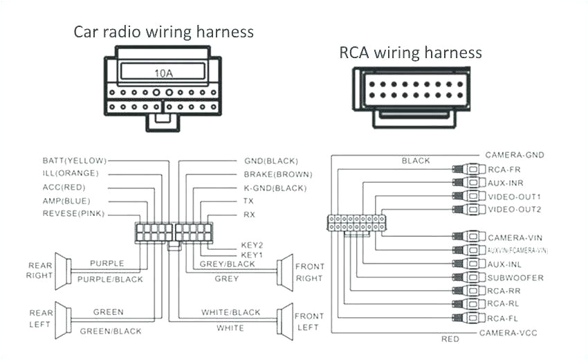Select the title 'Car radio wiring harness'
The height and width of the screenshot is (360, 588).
tap(163, 32)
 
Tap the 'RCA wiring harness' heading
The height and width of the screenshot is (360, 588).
tap(410, 53)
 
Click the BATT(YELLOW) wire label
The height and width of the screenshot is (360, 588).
tap(74, 160)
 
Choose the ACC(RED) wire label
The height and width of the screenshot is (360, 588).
tap(65, 187)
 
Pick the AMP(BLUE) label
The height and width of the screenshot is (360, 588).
tap(67, 200)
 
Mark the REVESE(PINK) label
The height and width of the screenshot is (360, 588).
tap(73, 214)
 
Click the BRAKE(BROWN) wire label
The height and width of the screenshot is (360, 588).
tap(277, 174)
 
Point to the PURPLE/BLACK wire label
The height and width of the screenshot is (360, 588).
tap(110, 279)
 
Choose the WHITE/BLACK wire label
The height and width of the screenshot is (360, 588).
tap(230, 312)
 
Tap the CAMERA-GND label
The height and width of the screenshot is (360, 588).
tap(514, 155)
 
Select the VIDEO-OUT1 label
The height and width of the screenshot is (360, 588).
tap(514, 196)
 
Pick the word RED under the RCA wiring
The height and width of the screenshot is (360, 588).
tap(450, 339)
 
